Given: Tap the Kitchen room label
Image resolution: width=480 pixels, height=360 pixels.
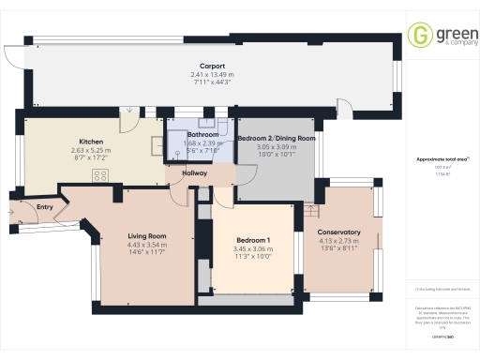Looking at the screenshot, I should click(x=91, y=142).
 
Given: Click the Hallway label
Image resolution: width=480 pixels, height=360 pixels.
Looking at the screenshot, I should click(x=195, y=173).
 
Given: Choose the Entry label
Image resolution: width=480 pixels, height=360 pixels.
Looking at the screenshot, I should click(x=45, y=207).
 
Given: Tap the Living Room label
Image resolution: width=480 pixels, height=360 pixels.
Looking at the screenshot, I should click(x=147, y=236).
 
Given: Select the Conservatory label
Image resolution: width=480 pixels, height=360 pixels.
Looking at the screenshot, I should click(x=338, y=232).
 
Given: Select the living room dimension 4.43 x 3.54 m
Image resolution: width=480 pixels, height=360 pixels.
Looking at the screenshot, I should click(x=147, y=245).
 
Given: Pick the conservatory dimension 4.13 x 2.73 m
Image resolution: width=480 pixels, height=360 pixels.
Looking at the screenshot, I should click(x=338, y=241).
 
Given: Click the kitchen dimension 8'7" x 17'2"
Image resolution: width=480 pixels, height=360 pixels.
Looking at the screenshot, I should click(x=91, y=157).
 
